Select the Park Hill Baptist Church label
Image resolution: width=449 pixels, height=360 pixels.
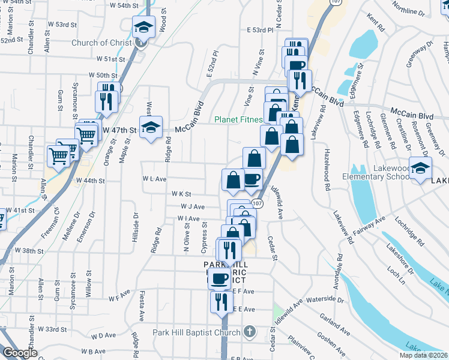pos(196,332)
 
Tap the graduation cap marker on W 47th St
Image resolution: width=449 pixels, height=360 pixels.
pos(151,127)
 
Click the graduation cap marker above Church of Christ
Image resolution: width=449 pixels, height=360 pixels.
pos(143,26)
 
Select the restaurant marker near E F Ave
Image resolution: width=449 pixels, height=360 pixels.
pos(221,301)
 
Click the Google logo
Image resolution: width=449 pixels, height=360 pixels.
pos(20,353)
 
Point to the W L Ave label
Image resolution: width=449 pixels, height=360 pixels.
pos(154,179)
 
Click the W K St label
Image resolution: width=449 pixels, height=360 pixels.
pos(181,194)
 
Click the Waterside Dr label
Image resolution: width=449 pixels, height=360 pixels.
pos(324,299)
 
